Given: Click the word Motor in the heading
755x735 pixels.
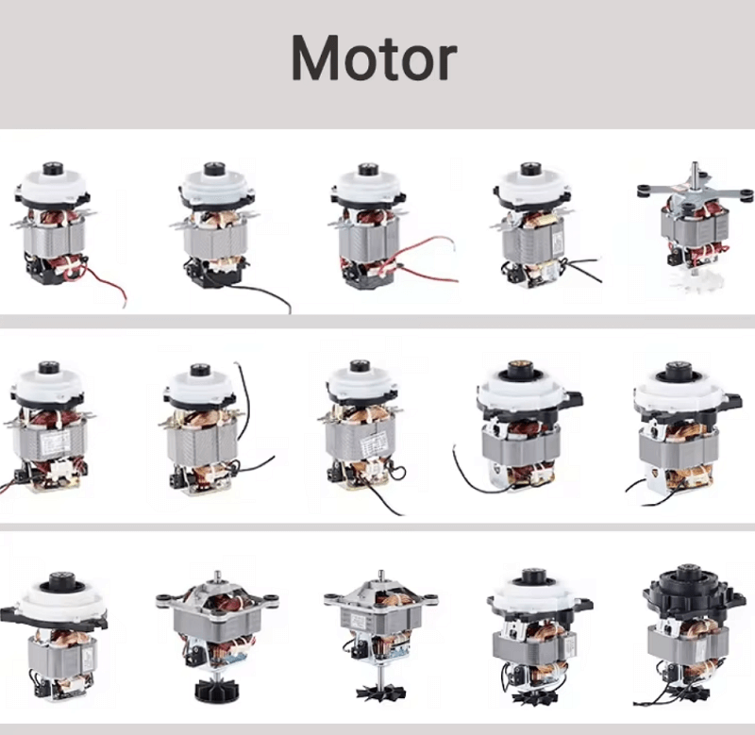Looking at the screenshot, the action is pyautogui.click(x=374, y=58).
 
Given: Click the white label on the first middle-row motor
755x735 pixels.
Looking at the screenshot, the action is pyautogui.click(x=56, y=442).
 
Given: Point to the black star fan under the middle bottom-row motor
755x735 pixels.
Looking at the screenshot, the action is pyautogui.click(x=381, y=693).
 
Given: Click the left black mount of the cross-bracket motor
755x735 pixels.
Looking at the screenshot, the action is pyautogui.click(x=646, y=190).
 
